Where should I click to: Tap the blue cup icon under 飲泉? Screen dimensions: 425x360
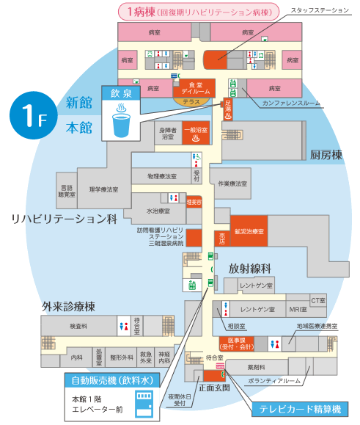(120, 122)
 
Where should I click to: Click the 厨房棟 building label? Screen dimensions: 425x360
(326, 155)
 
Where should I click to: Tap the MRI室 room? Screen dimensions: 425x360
(296, 309)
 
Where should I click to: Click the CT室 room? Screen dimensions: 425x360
(317, 300)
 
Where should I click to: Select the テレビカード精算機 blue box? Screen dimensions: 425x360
(301, 409)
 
